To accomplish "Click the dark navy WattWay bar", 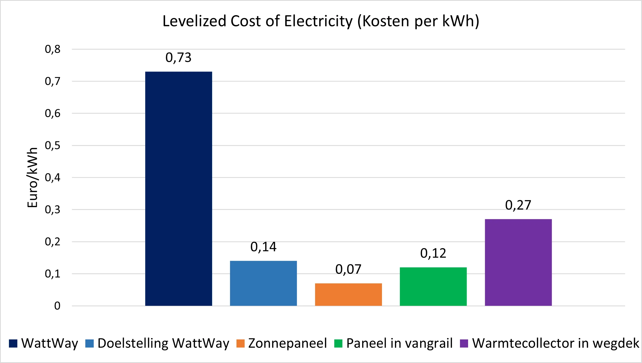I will pyautogui.click(x=179, y=189).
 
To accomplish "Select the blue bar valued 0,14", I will pyautogui.click(x=263, y=283).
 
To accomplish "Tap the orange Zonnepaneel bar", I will pyautogui.click(x=348, y=294).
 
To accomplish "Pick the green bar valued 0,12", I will pyautogui.click(x=433, y=287).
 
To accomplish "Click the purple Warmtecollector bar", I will pyautogui.click(x=518, y=262).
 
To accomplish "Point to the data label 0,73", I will pyautogui.click(x=179, y=58).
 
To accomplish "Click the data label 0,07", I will pyautogui.click(x=348, y=269).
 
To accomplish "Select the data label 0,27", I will pyautogui.click(x=518, y=205).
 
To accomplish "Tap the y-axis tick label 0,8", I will pyautogui.click(x=53, y=49).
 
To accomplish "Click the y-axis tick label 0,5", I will pyautogui.click(x=53, y=146).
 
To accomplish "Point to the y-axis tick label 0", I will pyautogui.click(x=57, y=306).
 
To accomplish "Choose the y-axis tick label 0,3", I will pyautogui.click(x=53, y=210).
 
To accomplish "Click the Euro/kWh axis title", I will pyautogui.click(x=33, y=178).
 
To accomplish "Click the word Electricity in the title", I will pyautogui.click(x=318, y=21).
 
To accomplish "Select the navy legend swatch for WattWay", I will pyautogui.click(x=13, y=343).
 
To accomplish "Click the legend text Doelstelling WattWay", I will pyautogui.click(x=163, y=343).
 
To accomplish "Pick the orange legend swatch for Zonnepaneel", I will pyautogui.click(x=241, y=343).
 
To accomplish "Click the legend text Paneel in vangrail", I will pyautogui.click(x=400, y=343).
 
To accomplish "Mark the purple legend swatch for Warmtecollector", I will pyautogui.click(x=464, y=343).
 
